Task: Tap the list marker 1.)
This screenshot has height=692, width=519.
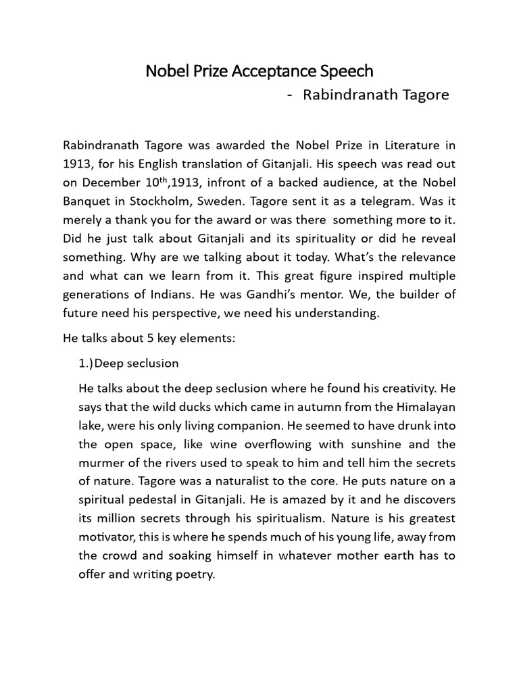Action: pos(86,364)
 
